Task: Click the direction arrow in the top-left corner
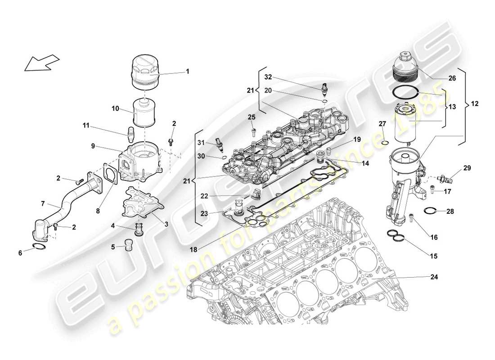[x=42, y=63]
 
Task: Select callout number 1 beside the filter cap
[x=188, y=71]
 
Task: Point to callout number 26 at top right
[x=452, y=78]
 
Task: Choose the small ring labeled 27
[x=385, y=143]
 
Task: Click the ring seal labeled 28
[x=430, y=210]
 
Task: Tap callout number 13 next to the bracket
[x=451, y=107]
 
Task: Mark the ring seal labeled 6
[x=40, y=246]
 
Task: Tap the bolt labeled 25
[x=253, y=132]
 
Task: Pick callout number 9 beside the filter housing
[x=93, y=146]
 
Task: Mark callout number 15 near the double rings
[x=433, y=256]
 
